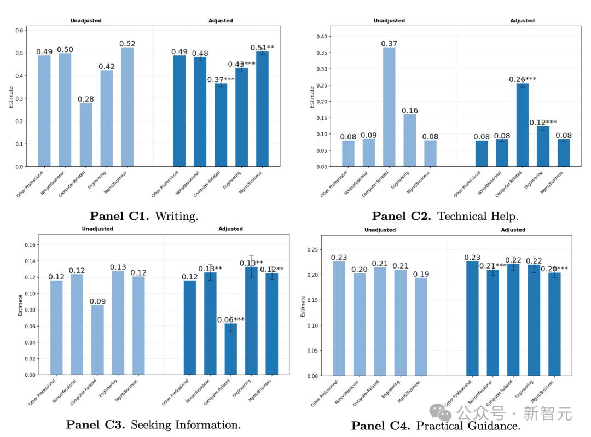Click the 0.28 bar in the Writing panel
(86, 135)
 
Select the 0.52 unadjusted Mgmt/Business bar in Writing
(127, 107)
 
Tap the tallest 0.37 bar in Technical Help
(389, 107)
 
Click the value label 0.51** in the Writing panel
(263, 48)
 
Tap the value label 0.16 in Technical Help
(409, 110)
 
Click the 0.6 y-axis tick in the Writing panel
(20, 30)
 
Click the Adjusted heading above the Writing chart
(221, 21)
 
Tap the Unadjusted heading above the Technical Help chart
(389, 21)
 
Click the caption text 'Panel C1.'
(119, 216)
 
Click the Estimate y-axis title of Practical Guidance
(303, 306)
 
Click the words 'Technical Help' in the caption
(477, 216)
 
